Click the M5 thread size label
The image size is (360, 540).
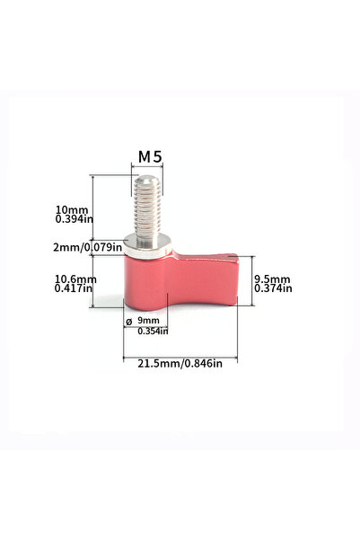(150, 157)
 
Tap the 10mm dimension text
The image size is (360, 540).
(72, 209)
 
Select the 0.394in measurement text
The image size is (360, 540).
(75, 218)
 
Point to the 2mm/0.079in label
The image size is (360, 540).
(87, 247)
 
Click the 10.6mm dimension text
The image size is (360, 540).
(75, 279)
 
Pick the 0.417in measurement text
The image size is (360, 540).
(74, 288)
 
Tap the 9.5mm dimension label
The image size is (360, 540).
(272, 279)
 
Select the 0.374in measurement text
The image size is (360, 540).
(273, 288)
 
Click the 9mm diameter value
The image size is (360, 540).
(148, 320)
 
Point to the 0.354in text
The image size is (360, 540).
(153, 331)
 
